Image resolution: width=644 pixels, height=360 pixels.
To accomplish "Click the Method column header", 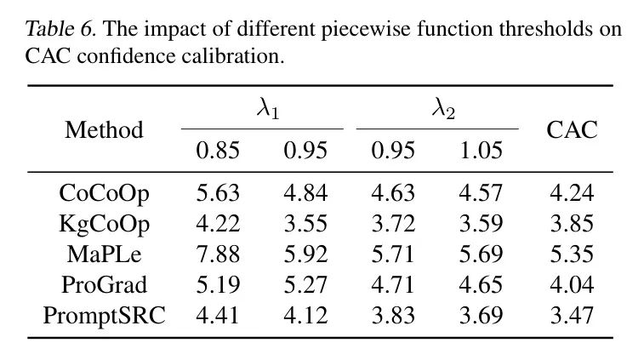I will [x=104, y=130].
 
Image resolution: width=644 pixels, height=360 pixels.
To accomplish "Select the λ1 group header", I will [x=262, y=109].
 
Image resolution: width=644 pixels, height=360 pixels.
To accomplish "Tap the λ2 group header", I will [x=437, y=109].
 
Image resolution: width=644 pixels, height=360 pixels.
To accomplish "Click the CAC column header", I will [x=572, y=130].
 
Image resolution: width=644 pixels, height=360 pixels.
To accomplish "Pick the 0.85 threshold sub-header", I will [x=218, y=151].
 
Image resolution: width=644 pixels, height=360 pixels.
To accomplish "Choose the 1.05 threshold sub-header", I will [x=481, y=151].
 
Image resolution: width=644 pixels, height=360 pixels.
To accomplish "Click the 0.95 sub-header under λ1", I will [x=305, y=151].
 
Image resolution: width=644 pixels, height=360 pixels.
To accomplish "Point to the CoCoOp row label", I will [x=104, y=193].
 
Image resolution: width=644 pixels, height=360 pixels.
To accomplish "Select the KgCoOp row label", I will [x=104, y=224].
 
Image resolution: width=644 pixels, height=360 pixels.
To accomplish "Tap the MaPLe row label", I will [x=104, y=254].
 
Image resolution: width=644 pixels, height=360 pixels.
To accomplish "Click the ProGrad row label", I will [x=104, y=285].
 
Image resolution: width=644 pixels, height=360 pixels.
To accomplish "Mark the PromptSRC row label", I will [x=104, y=316].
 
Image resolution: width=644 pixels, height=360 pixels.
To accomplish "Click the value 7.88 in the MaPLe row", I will [x=218, y=254].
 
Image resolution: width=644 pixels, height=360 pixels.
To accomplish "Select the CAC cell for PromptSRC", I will [x=572, y=316].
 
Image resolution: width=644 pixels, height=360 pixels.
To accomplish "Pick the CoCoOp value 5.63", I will [x=218, y=193].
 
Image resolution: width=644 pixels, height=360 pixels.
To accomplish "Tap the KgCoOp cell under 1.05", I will [x=481, y=224].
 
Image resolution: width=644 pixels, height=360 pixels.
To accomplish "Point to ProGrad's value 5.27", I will [x=305, y=285].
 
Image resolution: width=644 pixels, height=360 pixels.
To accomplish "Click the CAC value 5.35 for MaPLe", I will [x=572, y=254].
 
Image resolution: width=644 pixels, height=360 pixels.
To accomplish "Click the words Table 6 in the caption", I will [x=60, y=30].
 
